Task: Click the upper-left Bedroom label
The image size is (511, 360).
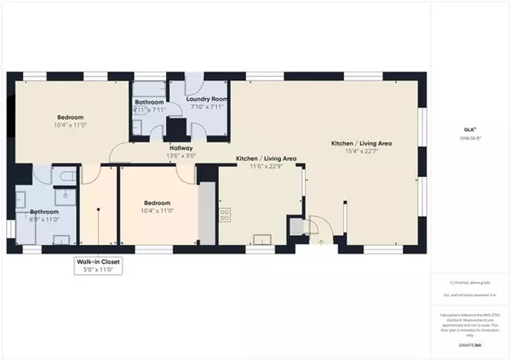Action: pos(70,117)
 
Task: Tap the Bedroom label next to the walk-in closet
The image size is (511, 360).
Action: pos(157,203)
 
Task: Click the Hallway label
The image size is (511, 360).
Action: pos(181,147)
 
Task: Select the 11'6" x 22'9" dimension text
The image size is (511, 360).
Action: pos(266,167)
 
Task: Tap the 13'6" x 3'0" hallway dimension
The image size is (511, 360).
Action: pos(181,156)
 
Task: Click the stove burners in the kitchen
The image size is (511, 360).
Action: pos(225,214)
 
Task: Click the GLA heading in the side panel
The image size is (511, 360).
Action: pos(468,129)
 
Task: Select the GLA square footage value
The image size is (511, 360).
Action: pos(468,138)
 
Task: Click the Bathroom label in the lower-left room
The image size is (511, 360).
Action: pos(43,211)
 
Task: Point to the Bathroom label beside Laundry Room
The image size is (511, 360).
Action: pos(149,101)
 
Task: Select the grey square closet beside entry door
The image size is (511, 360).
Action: pos(296,226)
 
